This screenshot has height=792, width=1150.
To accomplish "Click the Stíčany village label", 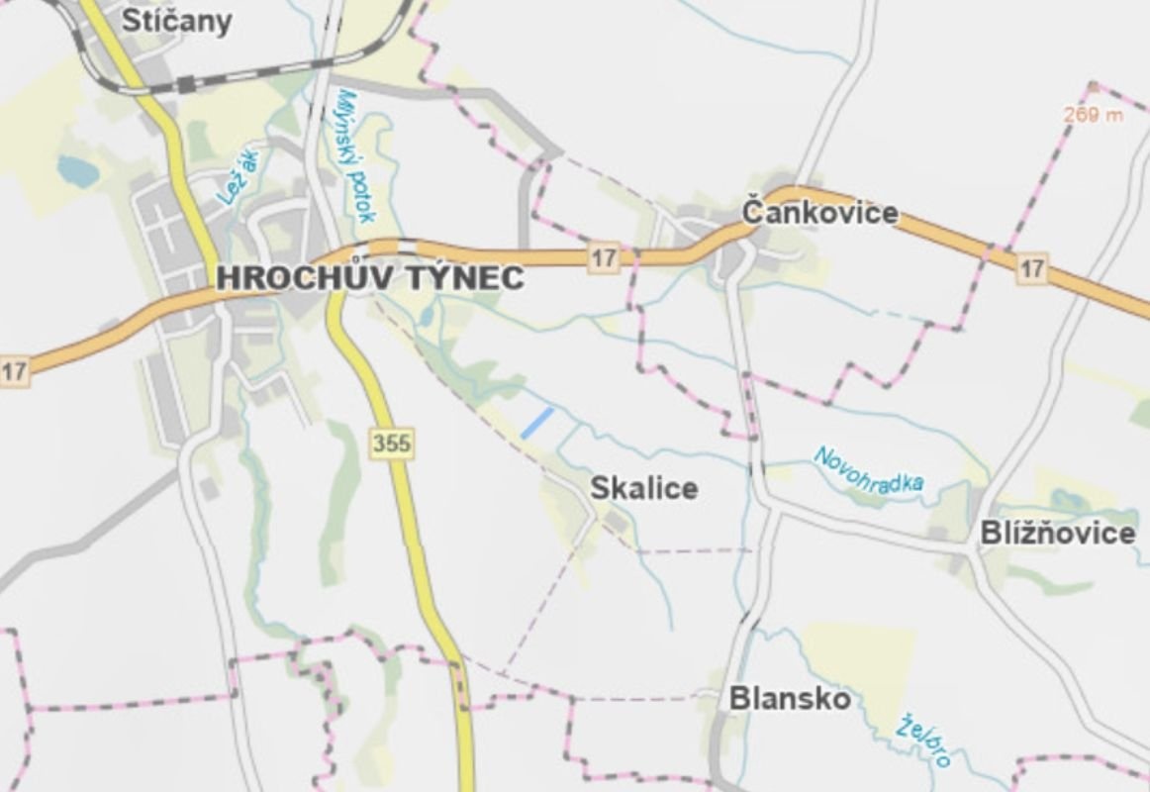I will click(176, 20).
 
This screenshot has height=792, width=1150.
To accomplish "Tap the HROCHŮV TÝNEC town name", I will click(369, 278).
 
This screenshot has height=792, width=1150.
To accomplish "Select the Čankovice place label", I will click(819, 212).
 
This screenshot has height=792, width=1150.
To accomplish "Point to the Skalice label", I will click(643, 488).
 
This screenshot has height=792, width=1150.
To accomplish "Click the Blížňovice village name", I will click(1057, 534).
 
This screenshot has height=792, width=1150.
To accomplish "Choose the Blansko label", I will click(789, 699).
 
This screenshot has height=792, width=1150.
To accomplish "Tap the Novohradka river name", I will click(868, 469).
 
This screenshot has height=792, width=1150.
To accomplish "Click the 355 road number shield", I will click(391, 444).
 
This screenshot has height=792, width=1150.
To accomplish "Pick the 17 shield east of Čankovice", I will click(1031, 267).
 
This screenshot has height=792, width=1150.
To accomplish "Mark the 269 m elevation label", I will click(1094, 115).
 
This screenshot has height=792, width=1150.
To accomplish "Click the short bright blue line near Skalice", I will click(536, 423).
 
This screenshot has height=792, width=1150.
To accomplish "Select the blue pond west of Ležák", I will click(76, 170).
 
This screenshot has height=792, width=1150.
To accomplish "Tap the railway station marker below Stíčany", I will click(185, 84).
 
